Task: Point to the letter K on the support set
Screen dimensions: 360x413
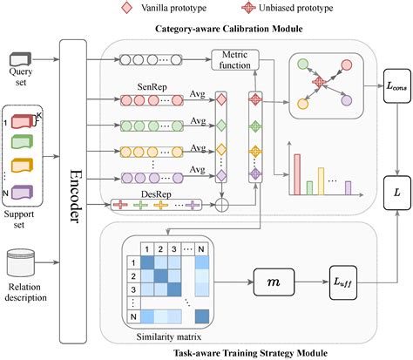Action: tap(39, 114)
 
